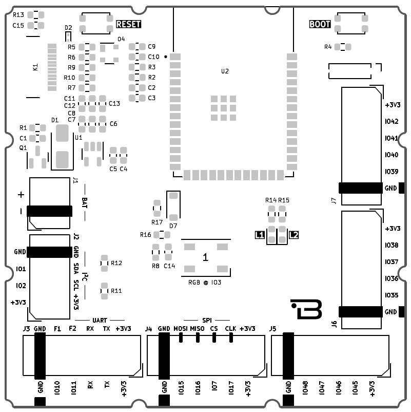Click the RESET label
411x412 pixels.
click(128, 24)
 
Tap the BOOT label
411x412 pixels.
click(320, 24)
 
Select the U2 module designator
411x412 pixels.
click(225, 71)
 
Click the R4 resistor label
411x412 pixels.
click(328, 47)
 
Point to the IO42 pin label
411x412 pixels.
click(392, 122)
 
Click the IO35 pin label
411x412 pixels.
click(392, 295)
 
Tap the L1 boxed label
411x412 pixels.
click(260, 235)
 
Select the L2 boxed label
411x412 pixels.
click(293, 235)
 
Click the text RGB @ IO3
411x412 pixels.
click(205, 282)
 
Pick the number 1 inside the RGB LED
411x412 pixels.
click(205, 257)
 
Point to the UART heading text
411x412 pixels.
click(101, 320)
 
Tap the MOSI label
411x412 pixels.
click(180, 328)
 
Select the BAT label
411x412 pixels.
click(84, 201)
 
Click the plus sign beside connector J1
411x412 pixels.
click(21, 195)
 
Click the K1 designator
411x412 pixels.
click(35, 67)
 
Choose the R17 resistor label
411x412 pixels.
click(157, 222)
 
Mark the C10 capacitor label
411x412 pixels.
click(153, 57)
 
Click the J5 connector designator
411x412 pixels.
click(273, 328)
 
